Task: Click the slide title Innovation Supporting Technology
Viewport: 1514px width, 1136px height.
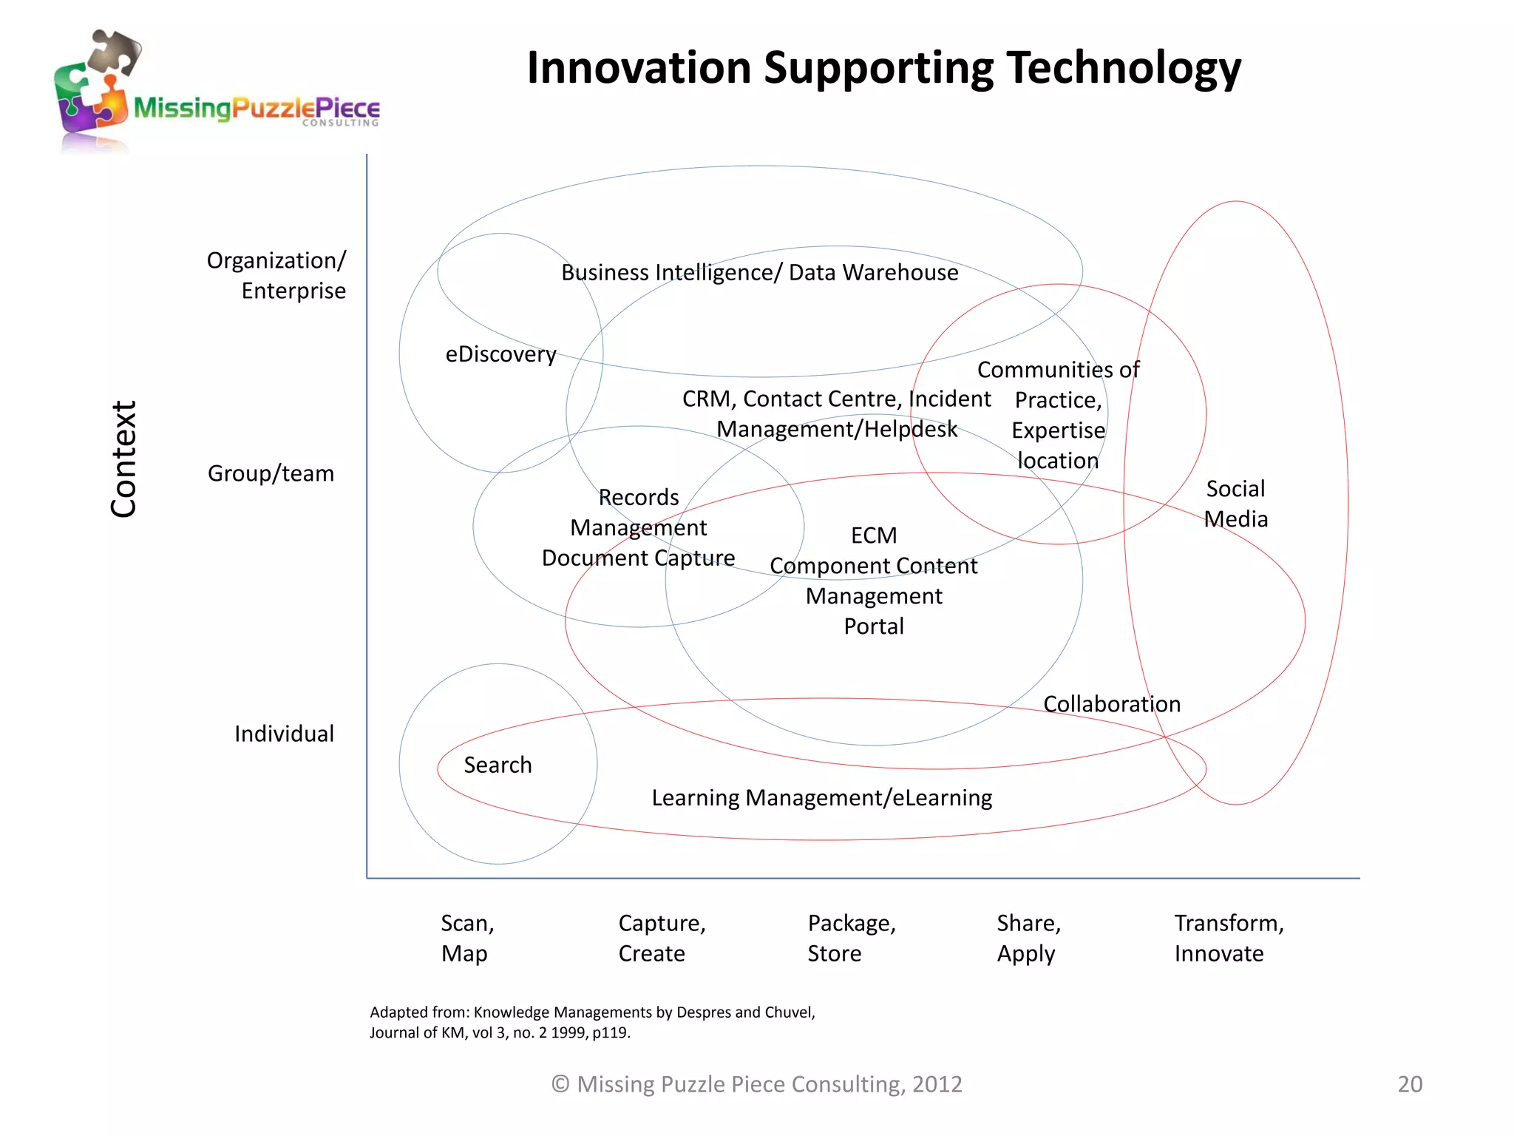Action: point(883,68)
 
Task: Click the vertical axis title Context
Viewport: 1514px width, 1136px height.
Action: point(123,459)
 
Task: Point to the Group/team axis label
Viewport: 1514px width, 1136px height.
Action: point(271,473)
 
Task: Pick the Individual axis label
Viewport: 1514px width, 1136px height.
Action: point(284,734)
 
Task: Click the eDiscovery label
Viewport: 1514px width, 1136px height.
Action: point(500,354)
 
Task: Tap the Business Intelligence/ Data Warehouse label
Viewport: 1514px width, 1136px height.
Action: point(759,272)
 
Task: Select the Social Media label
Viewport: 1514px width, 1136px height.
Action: point(1235,504)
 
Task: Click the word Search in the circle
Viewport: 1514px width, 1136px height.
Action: point(498,765)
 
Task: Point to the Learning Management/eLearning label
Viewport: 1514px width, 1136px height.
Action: point(821,797)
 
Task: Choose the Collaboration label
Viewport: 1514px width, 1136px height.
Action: point(1111,704)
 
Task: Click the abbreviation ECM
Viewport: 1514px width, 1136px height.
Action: point(873,535)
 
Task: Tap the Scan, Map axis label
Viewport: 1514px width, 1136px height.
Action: point(467,938)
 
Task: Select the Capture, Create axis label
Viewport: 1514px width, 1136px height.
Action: point(662,938)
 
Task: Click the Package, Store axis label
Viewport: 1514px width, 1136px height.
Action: point(851,938)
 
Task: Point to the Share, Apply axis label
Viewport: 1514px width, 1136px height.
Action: point(1028,938)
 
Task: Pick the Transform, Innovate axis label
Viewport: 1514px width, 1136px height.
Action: point(1229,938)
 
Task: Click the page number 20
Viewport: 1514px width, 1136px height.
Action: point(1410,1083)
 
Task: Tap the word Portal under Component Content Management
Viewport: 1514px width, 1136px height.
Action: point(874,626)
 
